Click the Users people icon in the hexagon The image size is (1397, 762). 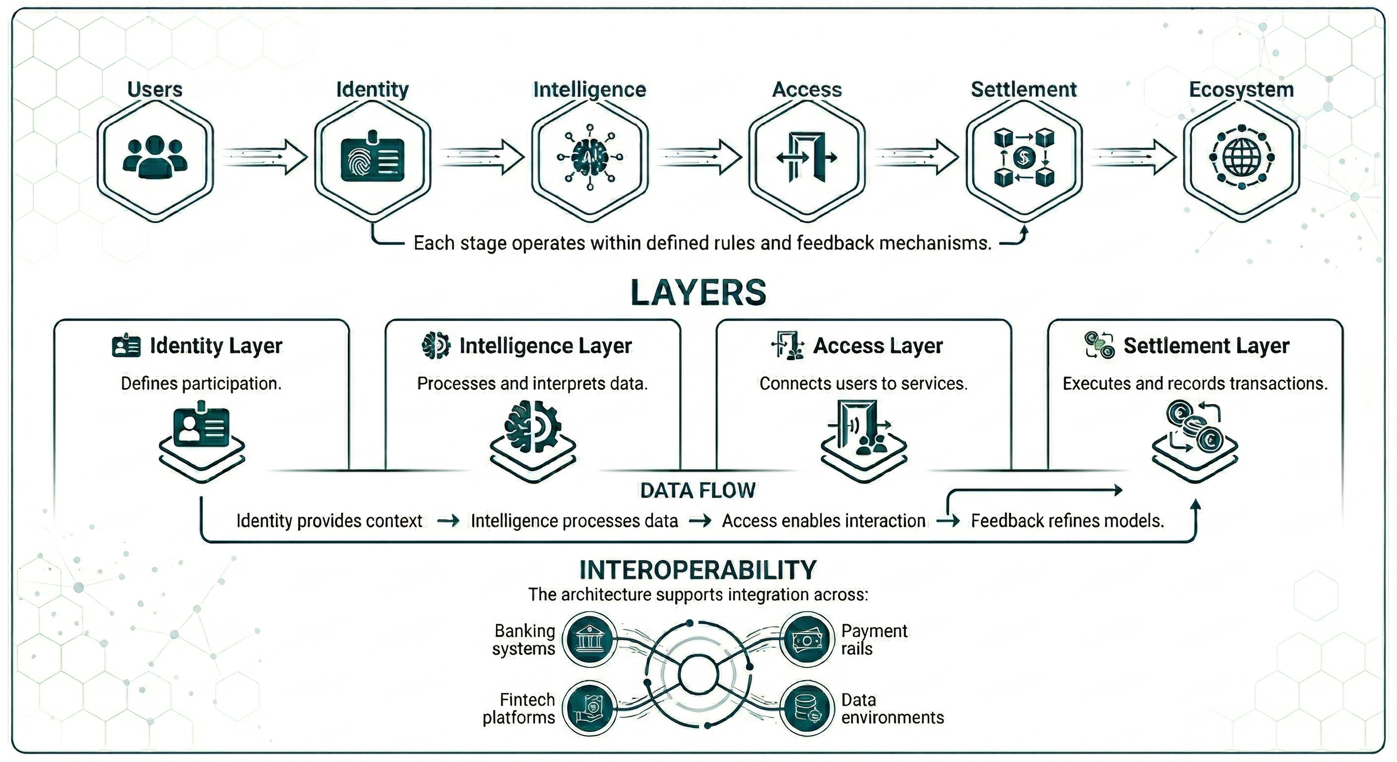pyautogui.click(x=155, y=157)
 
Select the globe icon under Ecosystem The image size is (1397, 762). pyautogui.click(x=1241, y=158)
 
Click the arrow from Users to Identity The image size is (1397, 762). pyautogui.click(x=264, y=157)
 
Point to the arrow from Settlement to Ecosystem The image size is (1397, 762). pyautogui.click(x=1133, y=157)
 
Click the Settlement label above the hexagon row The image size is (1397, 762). pyautogui.click(x=1023, y=89)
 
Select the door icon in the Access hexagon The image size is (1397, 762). pyautogui.click(x=807, y=157)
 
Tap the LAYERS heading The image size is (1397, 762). pyautogui.click(x=698, y=293)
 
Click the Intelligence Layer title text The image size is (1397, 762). pyautogui.click(x=545, y=346)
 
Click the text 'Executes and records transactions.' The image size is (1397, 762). pyautogui.click(x=1195, y=383)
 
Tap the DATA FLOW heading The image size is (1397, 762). pyautogui.click(x=698, y=490)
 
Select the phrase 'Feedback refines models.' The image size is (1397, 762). pyautogui.click(x=1067, y=521)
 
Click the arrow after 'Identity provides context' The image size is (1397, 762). pyautogui.click(x=448, y=521)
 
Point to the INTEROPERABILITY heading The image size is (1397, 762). pyautogui.click(x=698, y=570)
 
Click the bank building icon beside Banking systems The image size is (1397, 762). pyautogui.click(x=588, y=639)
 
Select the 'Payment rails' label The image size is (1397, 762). pyautogui.click(x=874, y=639)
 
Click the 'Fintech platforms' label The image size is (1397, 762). pyautogui.click(x=519, y=708)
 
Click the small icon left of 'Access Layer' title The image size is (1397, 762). pyautogui.click(x=787, y=345)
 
